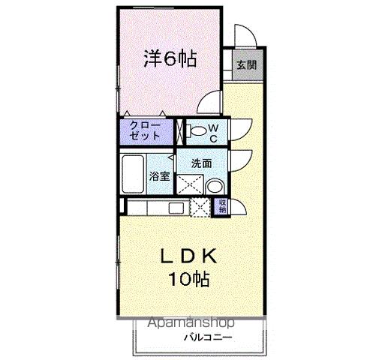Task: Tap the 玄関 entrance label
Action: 246,65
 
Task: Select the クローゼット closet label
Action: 145,130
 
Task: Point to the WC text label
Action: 213,133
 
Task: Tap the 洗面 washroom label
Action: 200,163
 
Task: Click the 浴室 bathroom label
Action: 160,177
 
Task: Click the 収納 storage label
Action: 222,207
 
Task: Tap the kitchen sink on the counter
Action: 176,208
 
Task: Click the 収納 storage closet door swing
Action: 238,208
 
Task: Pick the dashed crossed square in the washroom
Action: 188,184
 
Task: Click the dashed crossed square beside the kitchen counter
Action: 200,208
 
